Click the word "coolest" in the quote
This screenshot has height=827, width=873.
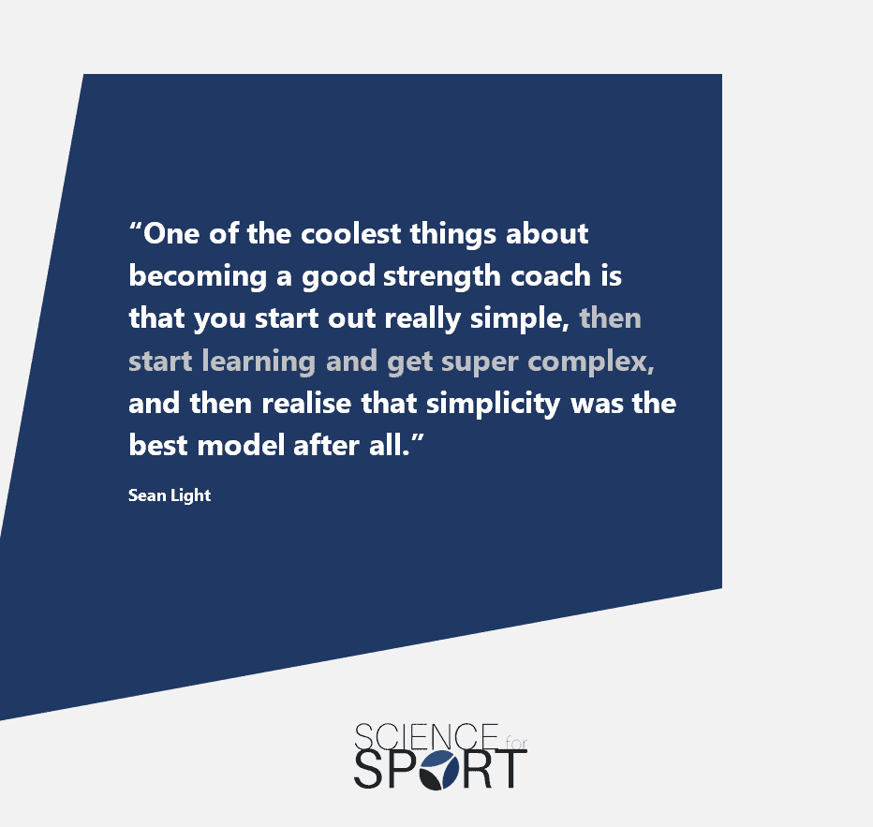point(350,234)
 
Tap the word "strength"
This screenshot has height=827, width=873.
point(442,276)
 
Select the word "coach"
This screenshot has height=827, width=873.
point(551,276)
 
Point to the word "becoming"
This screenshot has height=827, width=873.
point(198,276)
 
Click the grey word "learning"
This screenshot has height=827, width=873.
point(259,362)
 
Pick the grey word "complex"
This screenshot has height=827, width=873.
point(591,362)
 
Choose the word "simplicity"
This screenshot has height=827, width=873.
point(494,404)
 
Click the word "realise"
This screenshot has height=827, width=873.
point(306,403)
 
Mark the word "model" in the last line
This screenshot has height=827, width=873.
point(241,445)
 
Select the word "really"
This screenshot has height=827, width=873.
point(422,319)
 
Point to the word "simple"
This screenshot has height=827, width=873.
point(520,319)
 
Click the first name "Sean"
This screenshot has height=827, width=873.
point(147,495)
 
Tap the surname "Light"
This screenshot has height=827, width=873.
point(190,495)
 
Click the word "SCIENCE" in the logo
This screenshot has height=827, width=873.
point(426,737)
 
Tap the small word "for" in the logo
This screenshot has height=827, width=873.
point(516,743)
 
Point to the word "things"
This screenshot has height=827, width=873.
point(453,234)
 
